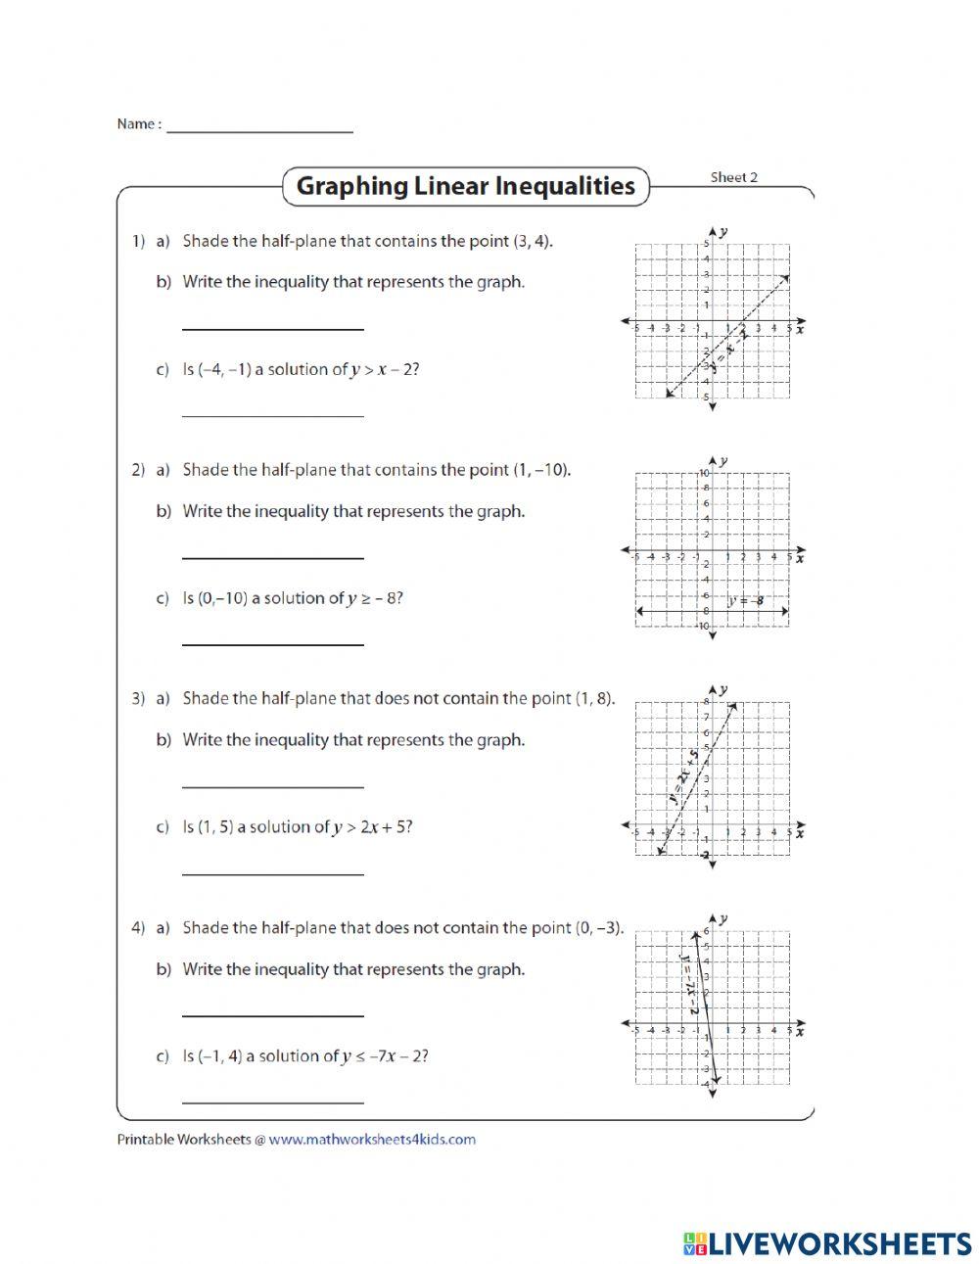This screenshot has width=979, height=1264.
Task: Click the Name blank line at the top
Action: click(259, 128)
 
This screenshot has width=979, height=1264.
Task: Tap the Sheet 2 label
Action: click(733, 177)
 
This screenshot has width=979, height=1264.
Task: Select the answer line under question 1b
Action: click(273, 327)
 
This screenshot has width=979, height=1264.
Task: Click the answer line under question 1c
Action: click(273, 414)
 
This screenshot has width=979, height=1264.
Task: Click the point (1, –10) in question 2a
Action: click(540, 470)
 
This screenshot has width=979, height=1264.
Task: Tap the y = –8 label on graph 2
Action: click(745, 600)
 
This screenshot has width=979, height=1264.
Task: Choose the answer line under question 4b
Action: click(273, 1014)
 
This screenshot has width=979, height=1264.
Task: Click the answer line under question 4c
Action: click(273, 1100)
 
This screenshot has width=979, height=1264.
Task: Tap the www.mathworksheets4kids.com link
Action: click(372, 1139)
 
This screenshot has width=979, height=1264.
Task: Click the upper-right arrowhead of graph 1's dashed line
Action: click(786, 279)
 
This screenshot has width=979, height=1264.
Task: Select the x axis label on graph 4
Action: click(800, 1031)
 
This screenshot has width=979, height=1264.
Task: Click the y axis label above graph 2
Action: click(723, 460)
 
